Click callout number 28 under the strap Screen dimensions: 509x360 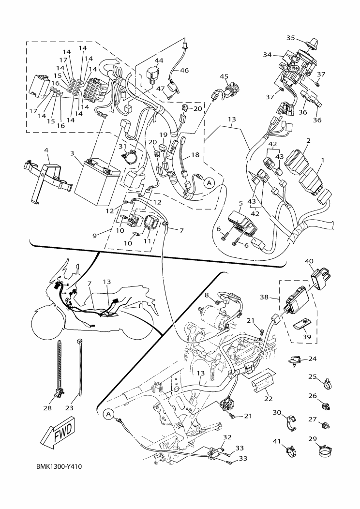click(47, 408)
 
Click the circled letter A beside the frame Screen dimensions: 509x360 click(108, 414)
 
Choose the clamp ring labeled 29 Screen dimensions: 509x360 click(326, 453)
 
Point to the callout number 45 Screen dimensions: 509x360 click(224, 76)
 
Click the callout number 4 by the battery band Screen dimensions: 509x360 click(46, 151)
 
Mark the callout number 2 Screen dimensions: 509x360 click(308, 141)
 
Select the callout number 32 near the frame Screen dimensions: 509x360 click(227, 437)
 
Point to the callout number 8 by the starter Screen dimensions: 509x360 click(206, 295)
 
